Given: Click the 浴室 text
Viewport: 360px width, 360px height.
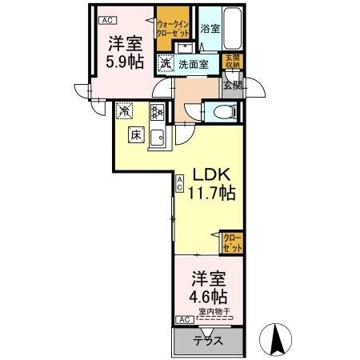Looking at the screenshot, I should coord(210,29).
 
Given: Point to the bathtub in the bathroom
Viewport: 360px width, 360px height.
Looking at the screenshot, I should coord(234,28).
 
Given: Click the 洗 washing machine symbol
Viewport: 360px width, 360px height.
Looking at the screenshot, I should coord(164,63).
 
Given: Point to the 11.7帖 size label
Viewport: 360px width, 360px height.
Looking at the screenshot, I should coord(210,194).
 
